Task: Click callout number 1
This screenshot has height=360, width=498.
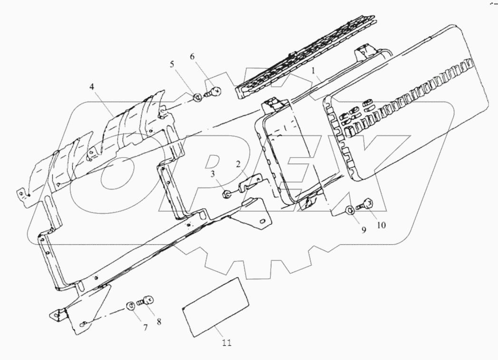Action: tap(314, 71)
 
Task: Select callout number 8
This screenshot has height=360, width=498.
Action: tap(159, 322)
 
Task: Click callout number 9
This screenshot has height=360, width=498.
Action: tap(364, 229)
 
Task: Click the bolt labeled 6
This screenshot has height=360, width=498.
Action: tap(213, 92)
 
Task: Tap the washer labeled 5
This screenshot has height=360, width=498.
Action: tap(196, 97)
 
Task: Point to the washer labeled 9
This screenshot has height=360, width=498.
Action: tap(349, 209)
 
